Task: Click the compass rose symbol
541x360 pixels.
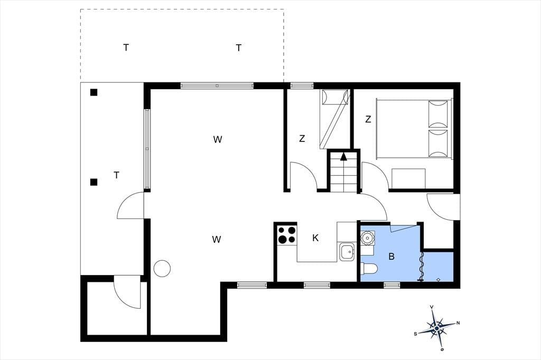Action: click(x=437, y=328)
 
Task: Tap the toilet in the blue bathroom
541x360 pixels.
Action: click(x=369, y=268)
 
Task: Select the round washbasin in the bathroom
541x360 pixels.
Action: click(x=367, y=238)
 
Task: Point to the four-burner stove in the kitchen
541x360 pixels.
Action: click(x=287, y=234)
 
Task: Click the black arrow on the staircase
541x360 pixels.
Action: click(x=343, y=157)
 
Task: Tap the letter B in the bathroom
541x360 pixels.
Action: click(x=391, y=257)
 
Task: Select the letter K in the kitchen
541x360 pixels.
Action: click(x=315, y=238)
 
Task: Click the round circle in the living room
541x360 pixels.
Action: click(x=162, y=268)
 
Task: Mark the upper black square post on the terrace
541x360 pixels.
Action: click(x=94, y=92)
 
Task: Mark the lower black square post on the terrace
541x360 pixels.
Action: click(x=94, y=182)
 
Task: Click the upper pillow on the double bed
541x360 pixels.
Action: click(x=438, y=114)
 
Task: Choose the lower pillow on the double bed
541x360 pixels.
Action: click(x=438, y=144)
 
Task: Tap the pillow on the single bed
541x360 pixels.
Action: click(x=334, y=97)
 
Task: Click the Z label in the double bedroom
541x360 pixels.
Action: click(x=368, y=119)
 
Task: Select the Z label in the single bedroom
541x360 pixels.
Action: click(x=302, y=139)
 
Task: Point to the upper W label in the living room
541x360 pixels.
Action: click(x=217, y=140)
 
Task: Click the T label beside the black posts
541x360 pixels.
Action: click(x=117, y=176)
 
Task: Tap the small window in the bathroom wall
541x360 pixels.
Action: click(x=391, y=285)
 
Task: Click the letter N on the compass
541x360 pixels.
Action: click(x=458, y=323)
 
